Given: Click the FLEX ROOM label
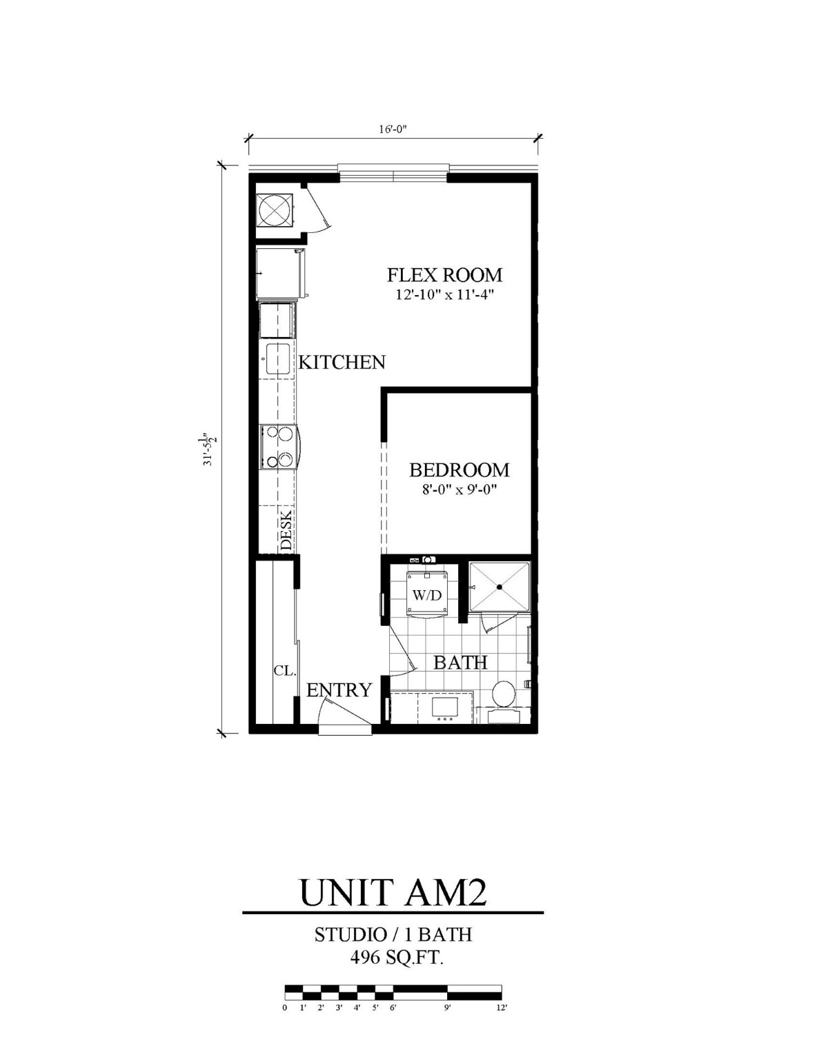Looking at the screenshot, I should (444, 275).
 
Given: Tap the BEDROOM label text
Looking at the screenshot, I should (459, 470).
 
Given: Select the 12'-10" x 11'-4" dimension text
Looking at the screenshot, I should (444, 295).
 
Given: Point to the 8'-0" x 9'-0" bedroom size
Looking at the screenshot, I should (459, 490).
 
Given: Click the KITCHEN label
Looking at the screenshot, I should (342, 362).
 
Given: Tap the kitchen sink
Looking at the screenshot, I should (277, 359).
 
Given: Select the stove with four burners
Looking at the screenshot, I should (278, 447).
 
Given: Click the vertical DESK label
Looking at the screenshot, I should (286, 529).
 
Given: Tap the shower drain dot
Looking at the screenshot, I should (499, 587).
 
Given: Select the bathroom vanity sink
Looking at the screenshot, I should (442, 707).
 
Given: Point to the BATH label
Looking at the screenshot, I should (460, 663).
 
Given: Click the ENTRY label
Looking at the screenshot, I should (339, 690).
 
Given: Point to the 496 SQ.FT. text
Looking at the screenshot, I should (393, 958).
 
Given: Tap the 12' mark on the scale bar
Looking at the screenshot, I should (502, 1007).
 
